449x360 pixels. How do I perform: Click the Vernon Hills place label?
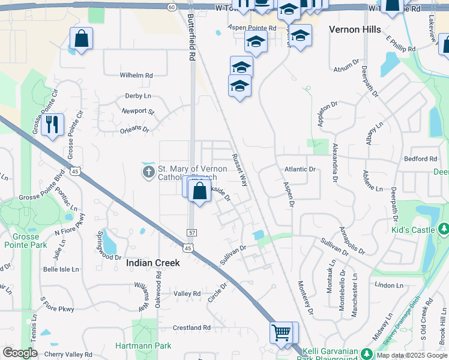point(355,29)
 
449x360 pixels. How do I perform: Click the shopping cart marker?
point(281,332)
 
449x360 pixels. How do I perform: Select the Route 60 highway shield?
point(172,7)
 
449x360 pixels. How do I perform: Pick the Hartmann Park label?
point(143,346)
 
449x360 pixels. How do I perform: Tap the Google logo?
point(20,353)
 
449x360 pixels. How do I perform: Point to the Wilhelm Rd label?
point(136,76)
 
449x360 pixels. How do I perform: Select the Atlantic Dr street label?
point(300,169)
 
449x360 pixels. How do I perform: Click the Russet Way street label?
point(240,170)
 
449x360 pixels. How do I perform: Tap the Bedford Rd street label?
point(420,159)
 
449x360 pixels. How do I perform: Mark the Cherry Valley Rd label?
point(68,354)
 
